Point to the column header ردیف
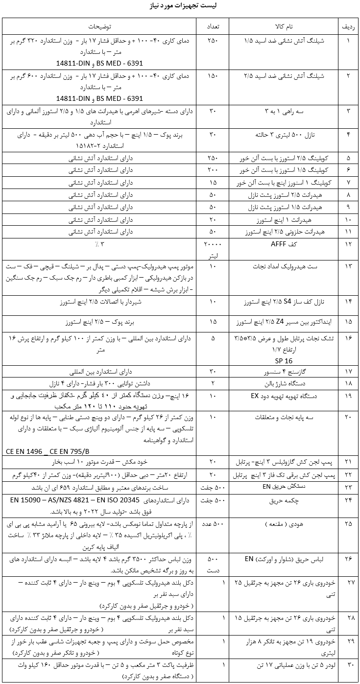348,25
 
